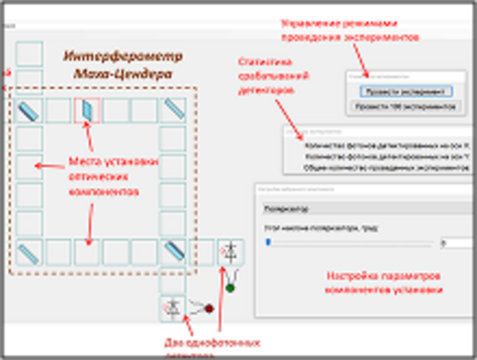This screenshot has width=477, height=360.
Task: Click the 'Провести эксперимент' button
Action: click(405, 91)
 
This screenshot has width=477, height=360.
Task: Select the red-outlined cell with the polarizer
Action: click(87, 110)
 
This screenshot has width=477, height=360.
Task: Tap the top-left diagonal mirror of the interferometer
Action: click(30, 110)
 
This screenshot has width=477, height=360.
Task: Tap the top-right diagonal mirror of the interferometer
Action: click(173, 110)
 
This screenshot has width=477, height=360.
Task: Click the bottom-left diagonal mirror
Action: click(30, 252)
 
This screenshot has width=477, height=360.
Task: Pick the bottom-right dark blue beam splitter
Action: click(173, 252)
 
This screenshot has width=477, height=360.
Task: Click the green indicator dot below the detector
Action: click(230, 288)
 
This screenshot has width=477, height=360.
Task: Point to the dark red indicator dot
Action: click(210, 309)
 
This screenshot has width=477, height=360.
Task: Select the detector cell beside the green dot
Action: click(231, 253)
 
